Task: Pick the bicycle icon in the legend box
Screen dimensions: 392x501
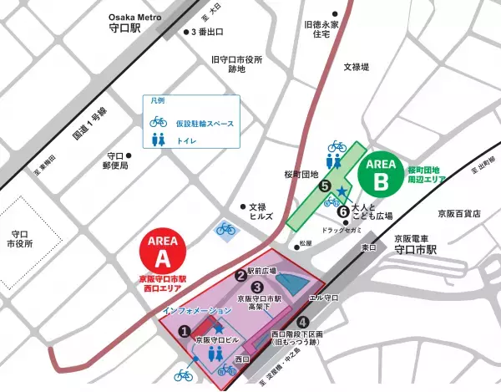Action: coord(158,123)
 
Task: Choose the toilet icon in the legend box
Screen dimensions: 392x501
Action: coord(158,142)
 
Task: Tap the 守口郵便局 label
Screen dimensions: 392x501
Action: coord(117,160)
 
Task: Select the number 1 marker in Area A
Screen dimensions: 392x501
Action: coord(184,331)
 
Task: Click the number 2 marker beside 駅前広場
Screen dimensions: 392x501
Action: coord(240,273)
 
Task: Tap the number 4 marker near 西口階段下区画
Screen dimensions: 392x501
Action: coord(302,322)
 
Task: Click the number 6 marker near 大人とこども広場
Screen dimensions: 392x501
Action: coord(342,211)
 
